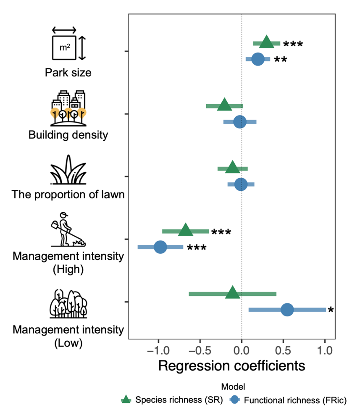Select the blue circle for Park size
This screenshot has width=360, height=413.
(258, 59)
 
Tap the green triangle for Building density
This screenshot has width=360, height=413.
(224, 105)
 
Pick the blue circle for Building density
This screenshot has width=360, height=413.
(240, 122)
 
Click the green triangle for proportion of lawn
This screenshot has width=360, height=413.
(232, 168)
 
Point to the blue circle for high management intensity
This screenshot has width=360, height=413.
(160, 247)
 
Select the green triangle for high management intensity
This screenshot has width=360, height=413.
(186, 230)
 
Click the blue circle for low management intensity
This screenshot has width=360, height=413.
(287, 310)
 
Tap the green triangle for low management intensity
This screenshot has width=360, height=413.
(232, 293)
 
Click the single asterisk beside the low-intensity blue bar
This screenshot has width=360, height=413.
(331, 311)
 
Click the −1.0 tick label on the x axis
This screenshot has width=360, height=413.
(158, 350)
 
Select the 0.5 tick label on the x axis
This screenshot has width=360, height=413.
(284, 350)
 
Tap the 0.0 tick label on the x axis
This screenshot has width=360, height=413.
(242, 350)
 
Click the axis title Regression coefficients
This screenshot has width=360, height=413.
(231, 366)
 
